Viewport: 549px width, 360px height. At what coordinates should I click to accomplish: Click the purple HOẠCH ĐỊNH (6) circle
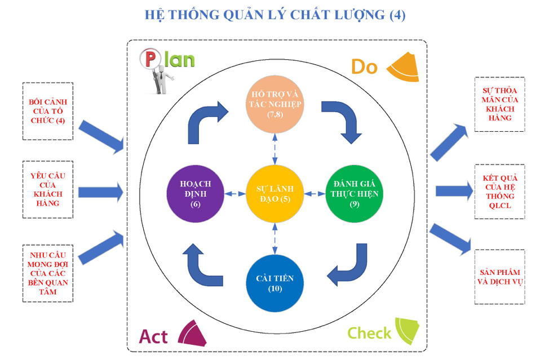(x=196, y=193)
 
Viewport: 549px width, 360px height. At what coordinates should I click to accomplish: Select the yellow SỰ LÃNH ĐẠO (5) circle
(x=274, y=193)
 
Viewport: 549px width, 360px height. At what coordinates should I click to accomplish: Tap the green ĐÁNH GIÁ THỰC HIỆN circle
(x=354, y=193)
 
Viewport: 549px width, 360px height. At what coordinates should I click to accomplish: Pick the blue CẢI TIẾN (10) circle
(x=274, y=283)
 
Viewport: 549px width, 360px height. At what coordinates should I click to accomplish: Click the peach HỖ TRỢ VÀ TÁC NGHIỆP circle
(x=274, y=105)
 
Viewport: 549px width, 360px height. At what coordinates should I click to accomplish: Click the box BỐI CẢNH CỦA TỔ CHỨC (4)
(x=47, y=111)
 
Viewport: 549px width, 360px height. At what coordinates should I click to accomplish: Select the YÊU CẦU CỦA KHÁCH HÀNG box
(x=47, y=189)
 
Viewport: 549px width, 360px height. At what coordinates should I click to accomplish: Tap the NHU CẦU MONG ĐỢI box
(x=47, y=273)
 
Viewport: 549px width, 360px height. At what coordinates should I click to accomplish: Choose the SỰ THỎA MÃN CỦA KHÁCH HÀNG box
(x=499, y=104)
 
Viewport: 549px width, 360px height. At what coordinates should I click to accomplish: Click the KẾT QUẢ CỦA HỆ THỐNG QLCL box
(x=499, y=192)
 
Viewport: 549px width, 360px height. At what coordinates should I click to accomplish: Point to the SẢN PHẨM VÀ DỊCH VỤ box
(x=499, y=276)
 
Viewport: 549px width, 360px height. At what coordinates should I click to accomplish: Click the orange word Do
(x=364, y=67)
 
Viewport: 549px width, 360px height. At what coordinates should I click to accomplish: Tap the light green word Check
(x=369, y=333)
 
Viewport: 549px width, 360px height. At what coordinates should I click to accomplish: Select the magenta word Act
(x=153, y=336)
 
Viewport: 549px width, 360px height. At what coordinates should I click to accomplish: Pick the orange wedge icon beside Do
(x=404, y=66)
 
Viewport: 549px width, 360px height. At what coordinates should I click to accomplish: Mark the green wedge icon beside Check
(x=408, y=330)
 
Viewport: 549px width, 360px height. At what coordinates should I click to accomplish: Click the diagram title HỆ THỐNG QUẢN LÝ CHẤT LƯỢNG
(x=274, y=15)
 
